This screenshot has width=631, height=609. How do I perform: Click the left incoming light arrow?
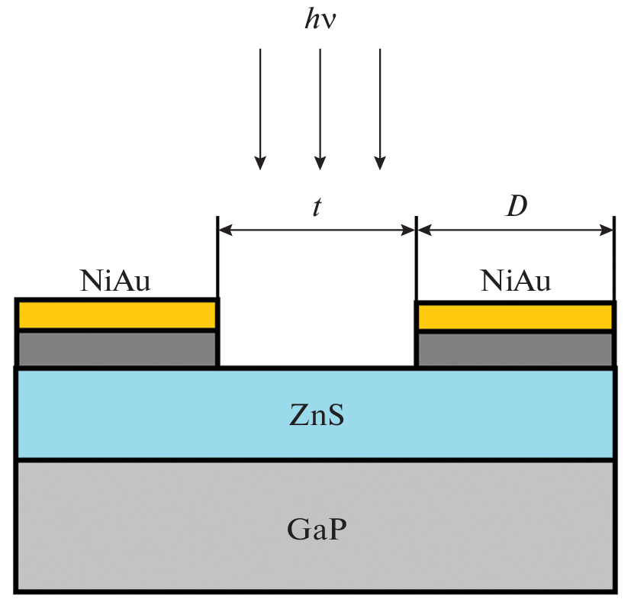point(260,107)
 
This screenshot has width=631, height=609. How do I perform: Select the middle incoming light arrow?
point(320,107)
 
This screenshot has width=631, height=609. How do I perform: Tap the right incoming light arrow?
point(379,107)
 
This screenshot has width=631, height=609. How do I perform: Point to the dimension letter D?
point(517,207)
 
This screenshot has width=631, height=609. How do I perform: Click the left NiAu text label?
point(115,282)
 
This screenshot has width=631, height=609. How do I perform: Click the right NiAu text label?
point(516,282)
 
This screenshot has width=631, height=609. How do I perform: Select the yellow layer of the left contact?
point(117,314)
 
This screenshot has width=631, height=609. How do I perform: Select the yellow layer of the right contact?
point(515,317)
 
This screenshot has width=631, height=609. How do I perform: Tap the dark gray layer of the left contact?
point(117,348)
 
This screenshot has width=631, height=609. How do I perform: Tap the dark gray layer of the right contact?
point(515,350)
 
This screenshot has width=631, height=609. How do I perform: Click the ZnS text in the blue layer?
point(315,416)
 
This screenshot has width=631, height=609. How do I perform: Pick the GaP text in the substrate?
point(315,528)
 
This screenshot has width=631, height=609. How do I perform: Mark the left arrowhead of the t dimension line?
point(226,229)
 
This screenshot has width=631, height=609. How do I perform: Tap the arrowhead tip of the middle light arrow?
point(320,167)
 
